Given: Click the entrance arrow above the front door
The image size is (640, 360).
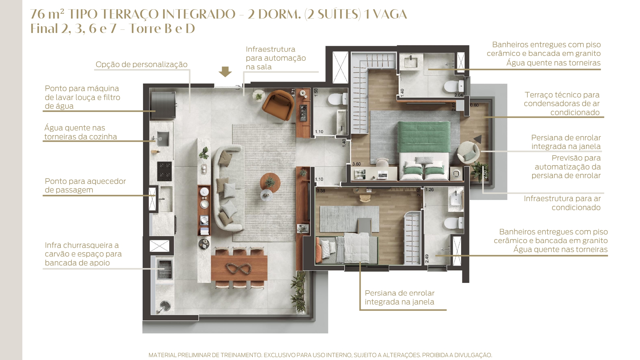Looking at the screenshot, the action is click(225, 72).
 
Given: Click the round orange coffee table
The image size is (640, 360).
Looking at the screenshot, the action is click(270, 183).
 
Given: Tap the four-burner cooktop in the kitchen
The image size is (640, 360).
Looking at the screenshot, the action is click(164, 171).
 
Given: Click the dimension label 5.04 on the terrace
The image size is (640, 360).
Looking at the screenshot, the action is click(300, 312).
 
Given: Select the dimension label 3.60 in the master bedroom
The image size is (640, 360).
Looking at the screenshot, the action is click(356, 164).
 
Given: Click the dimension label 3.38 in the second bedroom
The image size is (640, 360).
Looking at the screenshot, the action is click(321, 191).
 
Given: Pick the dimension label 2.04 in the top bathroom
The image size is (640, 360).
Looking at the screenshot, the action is click(459, 95).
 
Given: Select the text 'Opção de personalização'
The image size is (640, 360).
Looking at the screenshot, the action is click(141, 64).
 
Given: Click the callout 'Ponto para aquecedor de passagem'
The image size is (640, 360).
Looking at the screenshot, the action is click(85, 185).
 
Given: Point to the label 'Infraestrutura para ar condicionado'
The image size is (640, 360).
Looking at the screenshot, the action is click(562, 203).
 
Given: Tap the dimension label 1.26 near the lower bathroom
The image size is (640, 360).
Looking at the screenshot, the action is click(429, 190).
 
